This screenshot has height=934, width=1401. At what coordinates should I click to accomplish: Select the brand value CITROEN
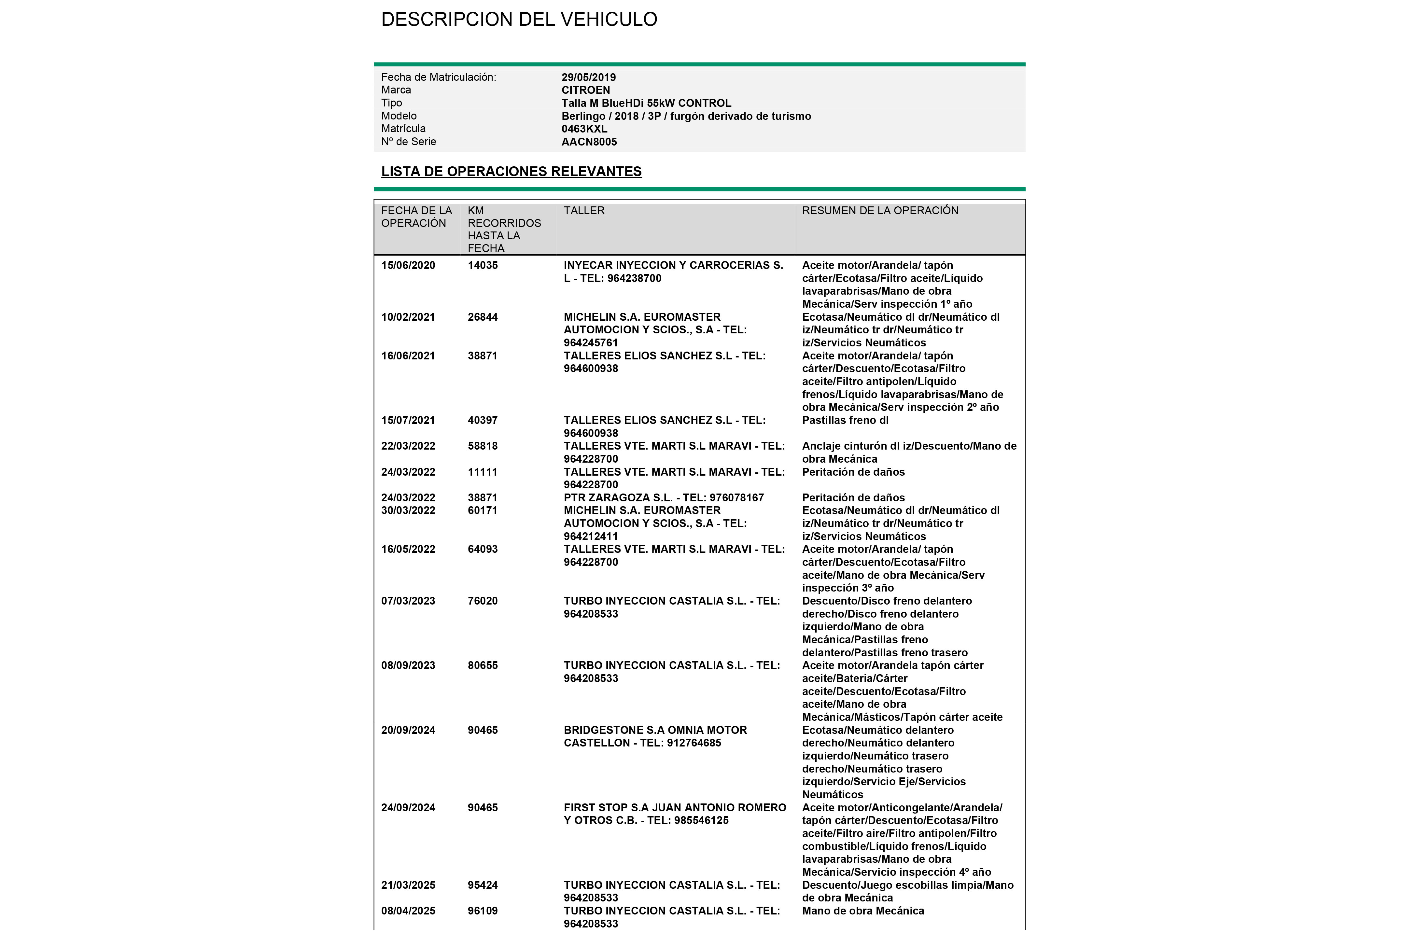click(585, 90)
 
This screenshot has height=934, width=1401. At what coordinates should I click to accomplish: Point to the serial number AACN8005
click(589, 142)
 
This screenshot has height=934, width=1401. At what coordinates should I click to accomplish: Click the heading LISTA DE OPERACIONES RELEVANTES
click(511, 172)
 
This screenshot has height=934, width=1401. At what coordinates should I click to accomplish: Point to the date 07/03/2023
click(408, 601)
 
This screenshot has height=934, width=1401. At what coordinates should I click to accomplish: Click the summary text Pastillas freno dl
click(845, 421)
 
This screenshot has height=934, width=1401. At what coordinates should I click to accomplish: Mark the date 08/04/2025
click(408, 911)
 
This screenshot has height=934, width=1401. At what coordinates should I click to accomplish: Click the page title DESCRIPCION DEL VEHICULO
click(519, 20)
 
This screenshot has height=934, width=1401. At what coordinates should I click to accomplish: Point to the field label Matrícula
click(403, 129)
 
